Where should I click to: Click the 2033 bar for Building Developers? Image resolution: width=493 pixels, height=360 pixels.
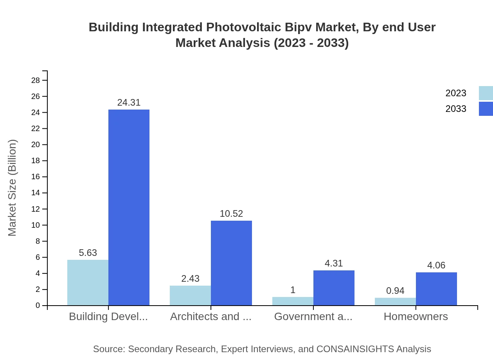pyautogui.click(x=129, y=207)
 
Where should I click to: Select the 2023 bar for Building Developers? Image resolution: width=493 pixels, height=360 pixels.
pyautogui.click(x=88, y=283)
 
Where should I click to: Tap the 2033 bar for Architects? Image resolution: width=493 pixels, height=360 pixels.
pyautogui.click(x=231, y=263)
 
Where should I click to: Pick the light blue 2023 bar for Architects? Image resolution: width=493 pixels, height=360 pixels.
pyautogui.click(x=190, y=295)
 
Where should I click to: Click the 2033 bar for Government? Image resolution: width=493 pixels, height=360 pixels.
pyautogui.click(x=334, y=288)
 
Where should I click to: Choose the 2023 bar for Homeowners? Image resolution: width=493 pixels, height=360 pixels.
pyautogui.click(x=395, y=302)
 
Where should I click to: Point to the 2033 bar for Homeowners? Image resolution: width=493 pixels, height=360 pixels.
pyautogui.click(x=436, y=289)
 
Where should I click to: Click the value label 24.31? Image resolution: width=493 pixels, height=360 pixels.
pyautogui.click(x=129, y=103)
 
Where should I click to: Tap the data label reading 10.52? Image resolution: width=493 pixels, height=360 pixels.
pyautogui.click(x=231, y=214)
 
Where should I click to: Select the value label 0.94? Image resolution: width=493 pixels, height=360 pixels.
pyautogui.click(x=395, y=291)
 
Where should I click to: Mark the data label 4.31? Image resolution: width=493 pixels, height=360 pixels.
pyautogui.click(x=334, y=263)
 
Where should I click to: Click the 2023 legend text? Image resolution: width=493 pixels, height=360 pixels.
pyautogui.click(x=456, y=93)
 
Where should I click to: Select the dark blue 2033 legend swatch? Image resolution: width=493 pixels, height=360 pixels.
pyautogui.click(x=486, y=109)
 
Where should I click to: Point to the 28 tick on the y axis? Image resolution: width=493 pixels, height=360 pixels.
pyautogui.click(x=36, y=80)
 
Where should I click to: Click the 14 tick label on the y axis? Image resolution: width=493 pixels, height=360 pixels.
pyautogui.click(x=36, y=193)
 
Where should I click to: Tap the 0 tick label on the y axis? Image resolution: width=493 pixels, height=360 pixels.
pyautogui.click(x=38, y=306)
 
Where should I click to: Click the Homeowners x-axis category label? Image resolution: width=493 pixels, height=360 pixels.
pyautogui.click(x=416, y=317)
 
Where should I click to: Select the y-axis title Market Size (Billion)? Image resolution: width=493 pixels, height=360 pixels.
pyautogui.click(x=13, y=188)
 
